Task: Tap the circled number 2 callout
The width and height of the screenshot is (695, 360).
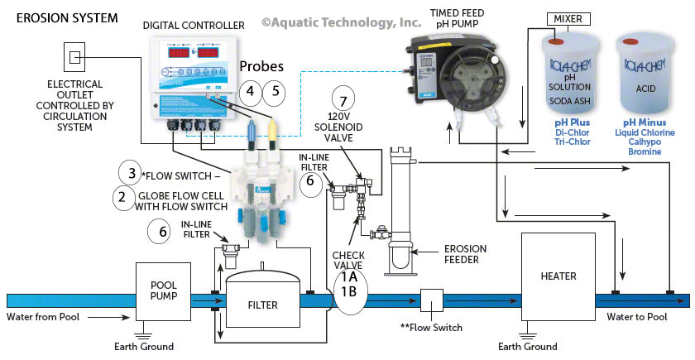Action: pyautogui.click(x=123, y=197)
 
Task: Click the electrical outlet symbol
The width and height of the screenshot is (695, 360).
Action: pyautogui.click(x=74, y=57)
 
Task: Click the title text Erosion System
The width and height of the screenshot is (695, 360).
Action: pyautogui.click(x=53, y=17)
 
